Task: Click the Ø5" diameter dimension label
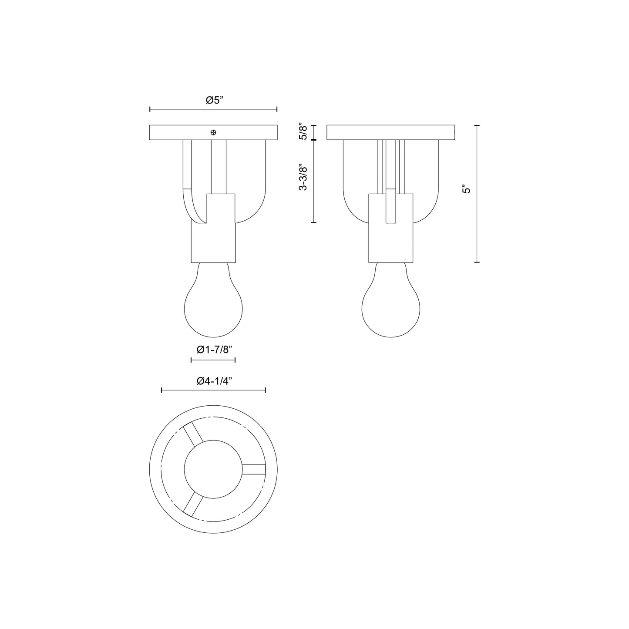214,101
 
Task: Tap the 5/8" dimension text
304,132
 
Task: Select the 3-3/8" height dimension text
304,177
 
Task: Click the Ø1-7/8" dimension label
213,350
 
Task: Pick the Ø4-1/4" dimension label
214,381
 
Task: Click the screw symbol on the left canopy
213,132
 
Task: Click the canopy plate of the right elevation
390,133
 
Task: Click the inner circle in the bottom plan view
213,469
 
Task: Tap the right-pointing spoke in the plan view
253,469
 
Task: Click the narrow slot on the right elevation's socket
391,207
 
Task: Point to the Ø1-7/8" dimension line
213,360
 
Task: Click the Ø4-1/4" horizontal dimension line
213,390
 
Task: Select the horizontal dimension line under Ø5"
213,109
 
